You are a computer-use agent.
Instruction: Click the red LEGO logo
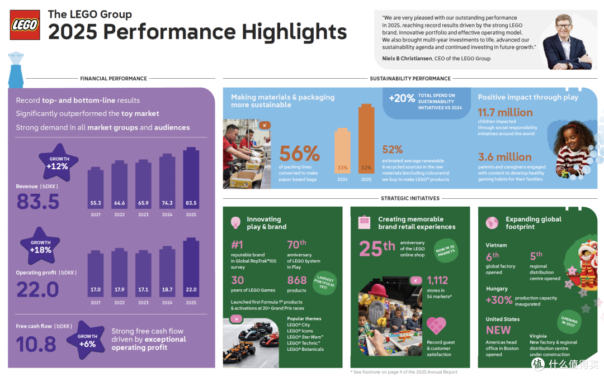[25, 25]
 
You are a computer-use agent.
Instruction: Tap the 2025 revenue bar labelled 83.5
[191, 178]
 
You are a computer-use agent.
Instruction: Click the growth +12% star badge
[58, 163]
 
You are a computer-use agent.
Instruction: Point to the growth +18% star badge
[40, 246]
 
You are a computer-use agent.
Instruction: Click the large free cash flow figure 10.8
[36, 344]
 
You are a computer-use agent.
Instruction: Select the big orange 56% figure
[299, 154]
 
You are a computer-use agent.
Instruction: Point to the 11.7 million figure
[505, 112]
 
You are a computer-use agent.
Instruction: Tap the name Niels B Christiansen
[407, 59]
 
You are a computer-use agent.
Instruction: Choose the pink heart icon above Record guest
[436, 326]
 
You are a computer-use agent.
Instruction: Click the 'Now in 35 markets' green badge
[446, 250]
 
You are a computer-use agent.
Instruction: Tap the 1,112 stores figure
[437, 280]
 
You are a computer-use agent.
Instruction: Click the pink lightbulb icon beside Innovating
[235, 222]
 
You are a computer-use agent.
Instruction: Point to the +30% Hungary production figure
[499, 300]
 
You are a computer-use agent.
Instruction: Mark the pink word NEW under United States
[498, 330]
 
